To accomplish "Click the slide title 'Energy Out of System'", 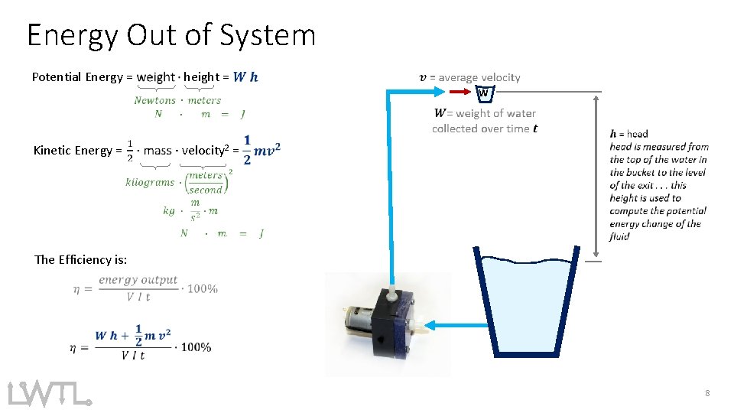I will coord(171,35).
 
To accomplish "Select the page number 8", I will coord(707,392).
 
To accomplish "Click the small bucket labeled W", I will coord(483,93).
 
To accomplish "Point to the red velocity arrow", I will coord(461,92).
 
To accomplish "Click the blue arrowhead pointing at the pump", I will coord(430,326).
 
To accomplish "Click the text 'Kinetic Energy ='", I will coord(77,150).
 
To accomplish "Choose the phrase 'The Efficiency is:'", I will coord(80,259).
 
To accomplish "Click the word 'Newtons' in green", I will coord(155,100).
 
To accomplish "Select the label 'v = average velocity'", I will coord(470,77).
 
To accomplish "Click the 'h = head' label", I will coord(628,134).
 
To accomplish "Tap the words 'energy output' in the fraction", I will coord(138,280).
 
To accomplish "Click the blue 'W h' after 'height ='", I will coord(245,76).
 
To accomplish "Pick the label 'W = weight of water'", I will coord(485,113).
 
